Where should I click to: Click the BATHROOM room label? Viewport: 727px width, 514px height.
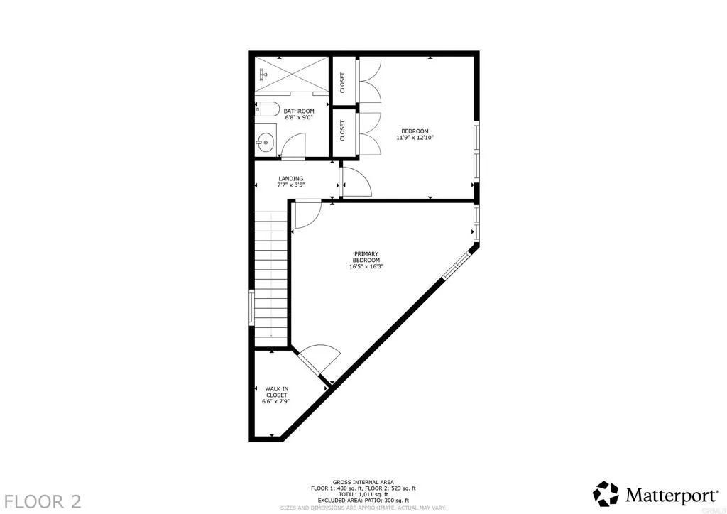point(299,111)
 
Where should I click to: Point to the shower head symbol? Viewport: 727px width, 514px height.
point(263,72)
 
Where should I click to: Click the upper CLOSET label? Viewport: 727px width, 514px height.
point(342,82)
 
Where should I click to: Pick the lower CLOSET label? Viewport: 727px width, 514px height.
point(342,131)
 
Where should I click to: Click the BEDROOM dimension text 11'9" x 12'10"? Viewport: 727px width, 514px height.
point(415,138)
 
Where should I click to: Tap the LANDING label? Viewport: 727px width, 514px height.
point(290,179)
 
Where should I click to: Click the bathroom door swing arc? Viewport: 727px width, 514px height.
point(293,144)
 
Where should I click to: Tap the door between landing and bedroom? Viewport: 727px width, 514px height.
point(355,182)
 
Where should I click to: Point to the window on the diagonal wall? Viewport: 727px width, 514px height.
point(456,264)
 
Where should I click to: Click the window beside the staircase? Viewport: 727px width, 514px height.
point(251,307)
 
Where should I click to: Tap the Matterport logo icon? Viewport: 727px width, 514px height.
point(606,493)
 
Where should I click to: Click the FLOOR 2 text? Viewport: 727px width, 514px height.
point(41,501)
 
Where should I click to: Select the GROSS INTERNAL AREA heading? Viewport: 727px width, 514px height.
point(363,482)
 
